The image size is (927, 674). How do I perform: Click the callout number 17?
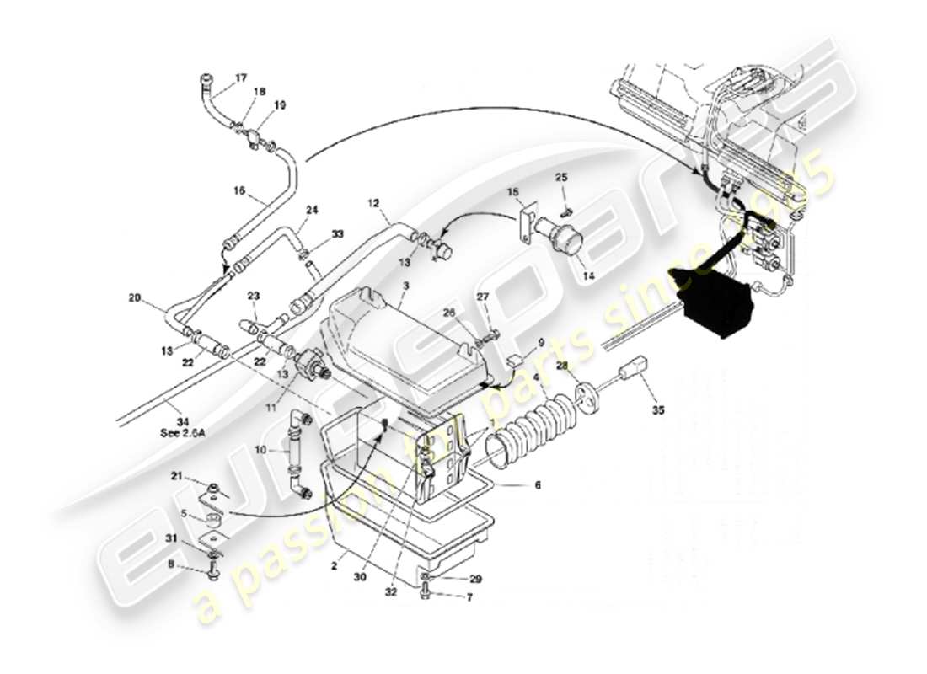[241, 78]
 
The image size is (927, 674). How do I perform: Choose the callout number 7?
[469, 597]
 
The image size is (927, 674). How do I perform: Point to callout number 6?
[538, 484]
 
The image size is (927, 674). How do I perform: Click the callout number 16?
[239, 191]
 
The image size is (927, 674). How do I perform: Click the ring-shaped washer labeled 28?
[582, 393]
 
